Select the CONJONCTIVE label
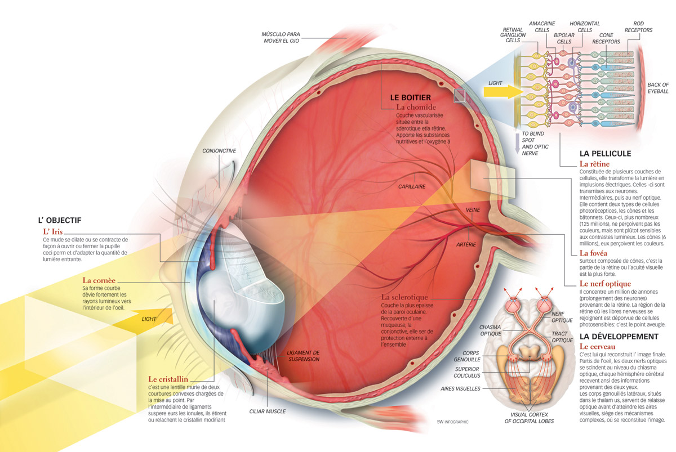point(219,151)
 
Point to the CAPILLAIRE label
point(411,186)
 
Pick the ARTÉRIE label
point(466,244)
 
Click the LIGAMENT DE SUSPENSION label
point(303,356)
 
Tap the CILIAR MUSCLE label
point(267,411)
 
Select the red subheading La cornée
point(99,280)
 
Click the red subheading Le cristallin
point(168,379)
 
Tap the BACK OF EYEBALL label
point(657,88)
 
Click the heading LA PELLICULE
point(605,153)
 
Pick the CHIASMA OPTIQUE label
point(490,330)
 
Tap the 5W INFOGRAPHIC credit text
point(452,422)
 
